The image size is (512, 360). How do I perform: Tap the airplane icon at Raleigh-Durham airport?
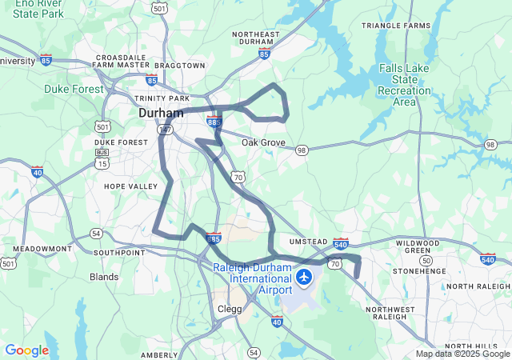304,277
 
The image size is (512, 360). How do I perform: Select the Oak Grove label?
263,142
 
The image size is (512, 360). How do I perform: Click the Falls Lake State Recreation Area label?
404,85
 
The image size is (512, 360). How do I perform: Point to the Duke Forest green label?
74,89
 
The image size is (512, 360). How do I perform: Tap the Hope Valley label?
131,186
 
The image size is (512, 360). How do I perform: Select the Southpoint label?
119,252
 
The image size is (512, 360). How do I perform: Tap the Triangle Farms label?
395,26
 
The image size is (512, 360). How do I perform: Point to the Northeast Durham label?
256,39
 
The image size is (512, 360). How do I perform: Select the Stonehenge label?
419,271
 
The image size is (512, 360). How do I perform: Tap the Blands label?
104,277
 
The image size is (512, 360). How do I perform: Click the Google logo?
26,350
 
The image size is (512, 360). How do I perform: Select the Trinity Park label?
162,98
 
